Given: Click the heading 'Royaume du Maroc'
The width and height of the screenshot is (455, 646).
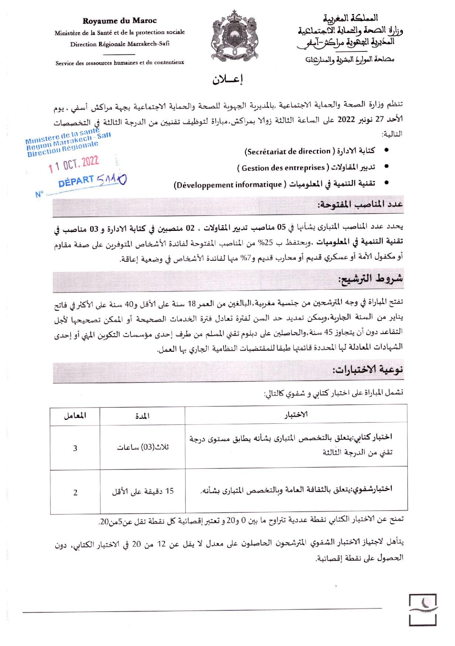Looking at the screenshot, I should (x=119, y=21).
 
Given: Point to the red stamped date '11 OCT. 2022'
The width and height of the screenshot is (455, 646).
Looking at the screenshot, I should (x=74, y=164).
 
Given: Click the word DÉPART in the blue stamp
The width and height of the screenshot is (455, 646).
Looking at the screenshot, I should (x=76, y=181).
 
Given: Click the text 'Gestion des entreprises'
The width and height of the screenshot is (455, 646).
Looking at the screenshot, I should (x=283, y=168).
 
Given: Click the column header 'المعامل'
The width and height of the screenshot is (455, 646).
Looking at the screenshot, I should (x=75, y=415).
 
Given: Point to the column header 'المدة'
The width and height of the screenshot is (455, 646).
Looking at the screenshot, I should (x=142, y=415).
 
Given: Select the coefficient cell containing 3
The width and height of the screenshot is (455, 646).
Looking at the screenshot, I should (x=75, y=448).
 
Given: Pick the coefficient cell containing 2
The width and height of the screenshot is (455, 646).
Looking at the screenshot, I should (x=75, y=492).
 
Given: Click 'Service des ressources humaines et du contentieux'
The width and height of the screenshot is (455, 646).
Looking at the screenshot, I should (x=119, y=63).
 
